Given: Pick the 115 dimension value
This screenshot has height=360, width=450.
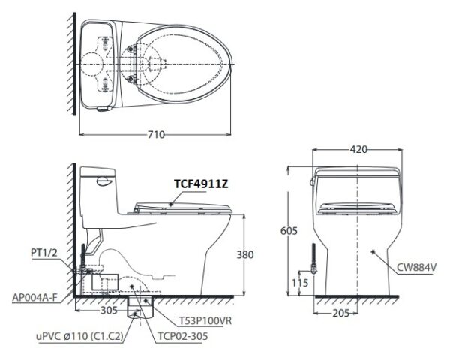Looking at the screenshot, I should tap(299, 283).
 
